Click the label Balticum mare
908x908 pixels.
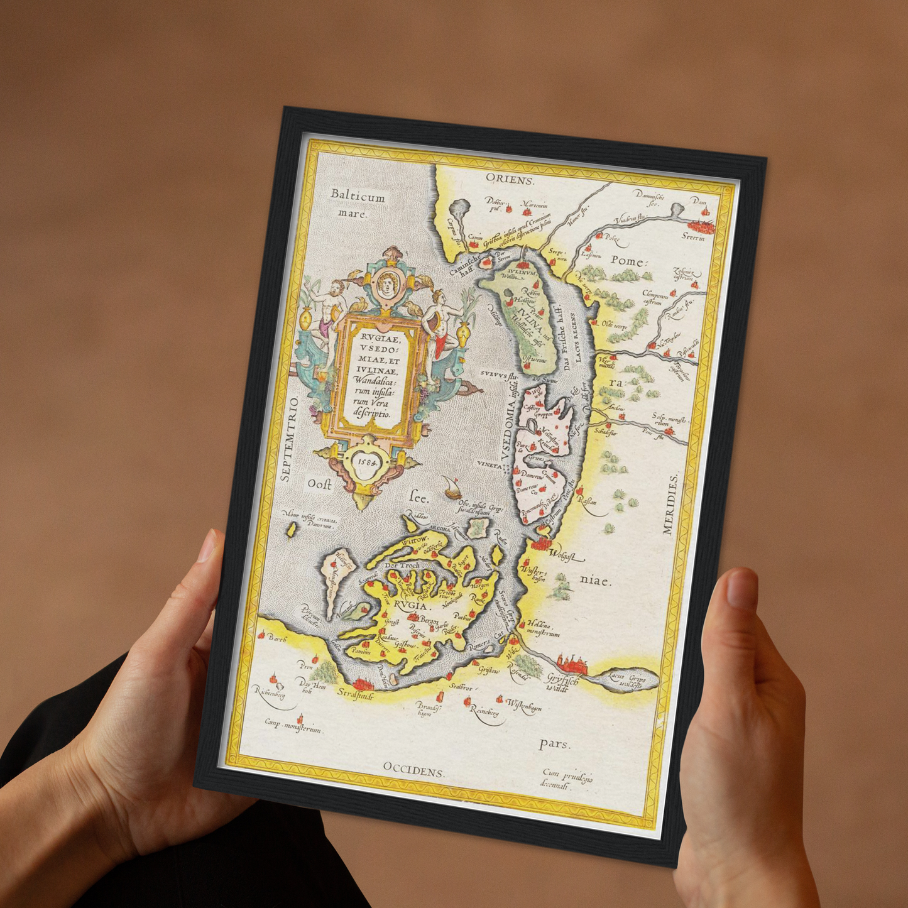pyautogui.click(x=357, y=204)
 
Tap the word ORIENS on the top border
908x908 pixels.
pyautogui.click(x=510, y=180)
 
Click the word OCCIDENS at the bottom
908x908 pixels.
pyautogui.click(x=413, y=770)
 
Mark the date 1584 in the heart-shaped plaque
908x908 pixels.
pyautogui.click(x=367, y=459)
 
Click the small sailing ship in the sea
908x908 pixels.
pyautogui.click(x=450, y=487)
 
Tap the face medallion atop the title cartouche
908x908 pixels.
pyautogui.click(x=386, y=284)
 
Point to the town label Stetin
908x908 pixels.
pyautogui.click(x=693, y=237)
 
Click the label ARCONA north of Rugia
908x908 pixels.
pyautogui.click(x=440, y=529)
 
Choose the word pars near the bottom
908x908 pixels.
pyautogui.click(x=554, y=744)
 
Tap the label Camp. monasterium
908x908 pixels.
pyautogui.click(x=293, y=728)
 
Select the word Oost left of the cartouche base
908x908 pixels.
pyautogui.click(x=319, y=484)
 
